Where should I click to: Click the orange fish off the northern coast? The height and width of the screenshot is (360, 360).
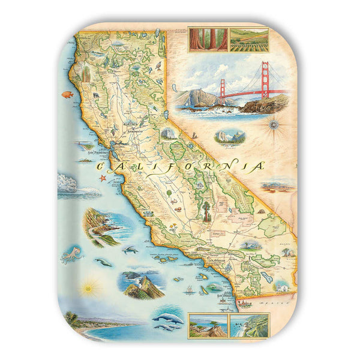[66, 94]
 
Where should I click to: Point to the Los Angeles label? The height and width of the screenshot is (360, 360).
[217, 260]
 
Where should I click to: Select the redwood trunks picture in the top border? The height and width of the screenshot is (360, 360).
[203, 39]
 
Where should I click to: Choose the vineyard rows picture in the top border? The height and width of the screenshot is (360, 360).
[247, 39]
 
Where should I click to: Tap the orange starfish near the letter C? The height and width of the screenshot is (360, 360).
[102, 178]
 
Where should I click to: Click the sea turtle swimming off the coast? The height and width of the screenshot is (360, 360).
[129, 250]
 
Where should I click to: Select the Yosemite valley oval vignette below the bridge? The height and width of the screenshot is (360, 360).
[230, 136]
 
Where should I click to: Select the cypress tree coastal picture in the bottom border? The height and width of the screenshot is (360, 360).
[208, 325]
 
